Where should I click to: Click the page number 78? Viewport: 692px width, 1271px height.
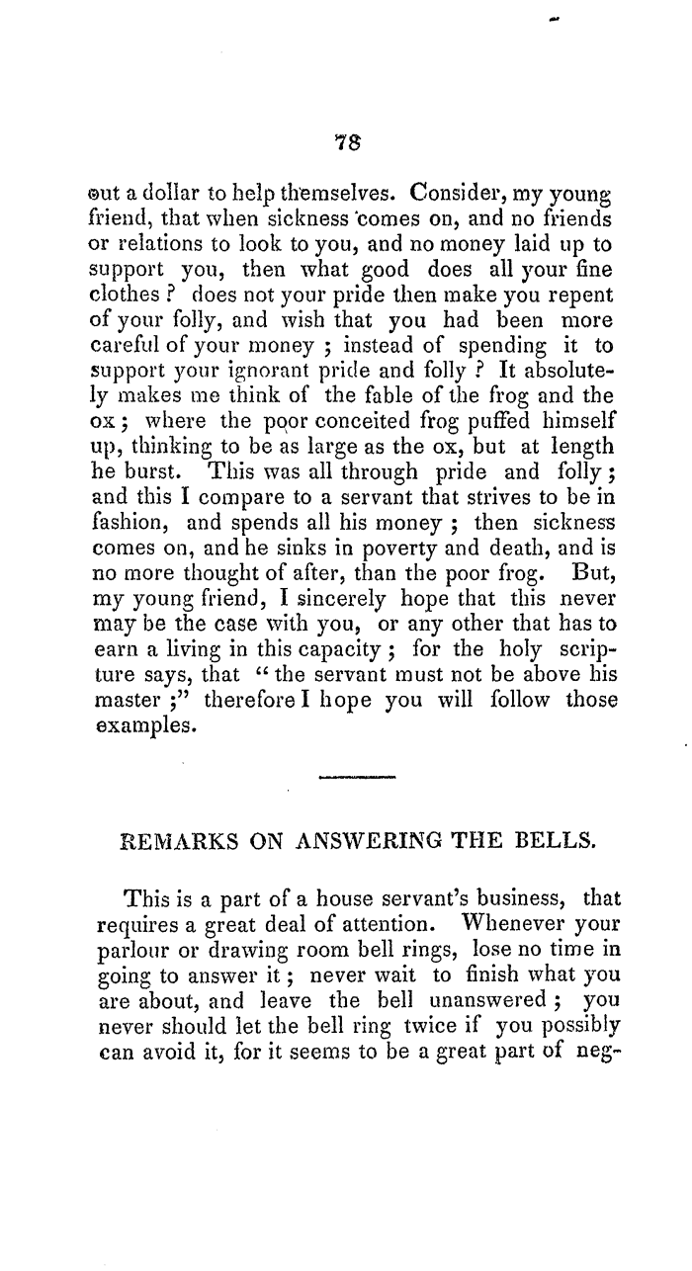click(344, 142)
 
